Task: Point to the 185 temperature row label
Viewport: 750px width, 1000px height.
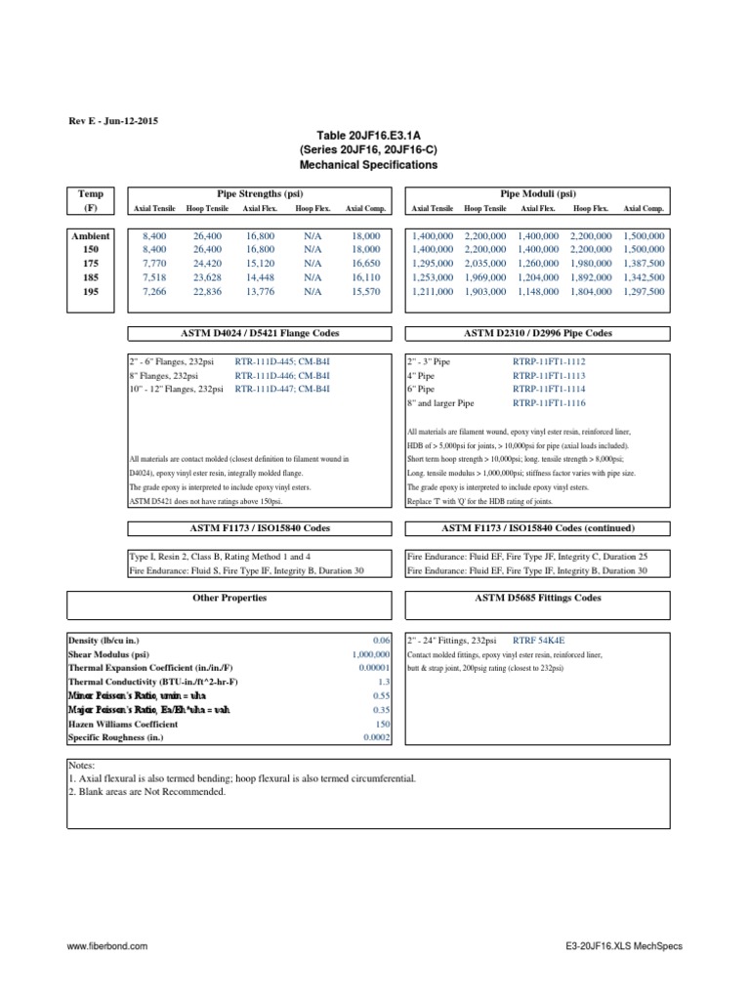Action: [x=91, y=277]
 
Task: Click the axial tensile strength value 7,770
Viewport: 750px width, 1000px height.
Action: [x=154, y=264]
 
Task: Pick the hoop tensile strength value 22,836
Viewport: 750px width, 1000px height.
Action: [x=209, y=291]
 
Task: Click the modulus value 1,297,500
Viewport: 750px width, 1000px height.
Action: [x=644, y=291]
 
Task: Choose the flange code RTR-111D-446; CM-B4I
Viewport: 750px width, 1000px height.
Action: [x=283, y=375]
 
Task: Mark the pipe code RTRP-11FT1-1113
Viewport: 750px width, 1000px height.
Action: [x=550, y=375]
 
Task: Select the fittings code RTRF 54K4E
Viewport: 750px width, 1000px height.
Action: [x=542, y=640]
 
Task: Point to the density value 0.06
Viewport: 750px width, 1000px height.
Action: [x=382, y=640]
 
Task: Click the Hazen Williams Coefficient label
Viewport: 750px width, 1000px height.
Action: [x=122, y=725]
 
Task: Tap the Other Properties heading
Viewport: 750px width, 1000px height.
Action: [x=229, y=598]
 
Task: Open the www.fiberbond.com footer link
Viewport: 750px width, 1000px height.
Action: [x=107, y=947]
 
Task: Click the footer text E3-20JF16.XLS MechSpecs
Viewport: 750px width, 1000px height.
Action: [x=624, y=947]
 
